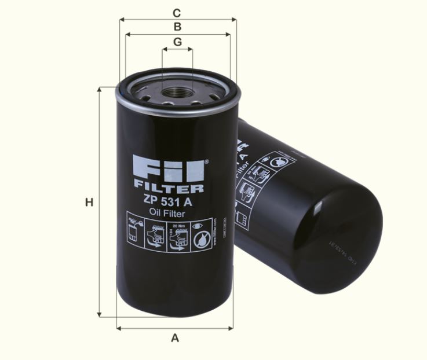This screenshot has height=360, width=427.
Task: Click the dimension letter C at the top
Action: pyautogui.click(x=178, y=12)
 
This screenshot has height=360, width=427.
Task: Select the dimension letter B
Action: pyautogui.click(x=178, y=27)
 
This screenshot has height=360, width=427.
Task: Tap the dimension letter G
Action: pyautogui.click(x=177, y=42)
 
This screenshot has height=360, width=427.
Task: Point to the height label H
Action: pyautogui.click(x=89, y=203)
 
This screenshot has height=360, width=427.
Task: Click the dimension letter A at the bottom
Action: pyautogui.click(x=175, y=338)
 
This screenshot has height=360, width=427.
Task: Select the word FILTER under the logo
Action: pyautogui.click(x=168, y=188)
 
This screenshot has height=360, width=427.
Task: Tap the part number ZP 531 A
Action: pyautogui.click(x=168, y=201)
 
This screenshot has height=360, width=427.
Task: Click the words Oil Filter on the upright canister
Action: pyautogui.click(x=168, y=213)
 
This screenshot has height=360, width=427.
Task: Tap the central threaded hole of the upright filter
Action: pyautogui.click(x=177, y=92)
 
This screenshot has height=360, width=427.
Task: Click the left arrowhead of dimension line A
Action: pyautogui.click(x=119, y=328)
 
